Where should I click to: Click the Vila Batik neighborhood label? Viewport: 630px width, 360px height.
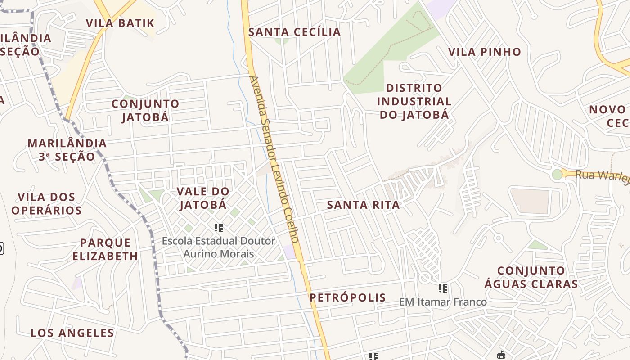pyautogui.click(x=120, y=23)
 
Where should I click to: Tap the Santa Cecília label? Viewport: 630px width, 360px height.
pyautogui.click(x=295, y=32)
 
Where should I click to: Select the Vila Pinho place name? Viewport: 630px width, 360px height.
pyautogui.click(x=485, y=52)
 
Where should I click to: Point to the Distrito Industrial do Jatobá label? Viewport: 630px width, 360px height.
pyautogui.click(x=414, y=101)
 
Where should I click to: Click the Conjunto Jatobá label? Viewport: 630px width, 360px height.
pyautogui.click(x=145, y=110)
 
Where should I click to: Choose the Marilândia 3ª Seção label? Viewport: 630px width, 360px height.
pyautogui.click(x=67, y=150)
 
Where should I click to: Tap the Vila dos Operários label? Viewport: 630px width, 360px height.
pyautogui.click(x=47, y=204)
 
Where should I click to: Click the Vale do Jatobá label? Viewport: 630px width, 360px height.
pyautogui.click(x=203, y=198)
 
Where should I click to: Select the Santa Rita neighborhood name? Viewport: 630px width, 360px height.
pyautogui.click(x=363, y=205)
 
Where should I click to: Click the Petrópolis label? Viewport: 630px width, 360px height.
pyautogui.click(x=347, y=297)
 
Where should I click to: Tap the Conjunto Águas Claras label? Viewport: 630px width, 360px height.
pyautogui.click(x=531, y=277)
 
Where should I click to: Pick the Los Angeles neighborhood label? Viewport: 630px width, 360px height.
pyautogui.click(x=72, y=333)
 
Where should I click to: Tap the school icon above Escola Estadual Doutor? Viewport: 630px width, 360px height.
pyautogui.click(x=219, y=228)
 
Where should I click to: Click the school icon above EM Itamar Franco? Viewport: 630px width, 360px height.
pyautogui.click(x=443, y=288)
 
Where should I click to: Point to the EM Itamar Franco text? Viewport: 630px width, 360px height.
pyautogui.click(x=443, y=302)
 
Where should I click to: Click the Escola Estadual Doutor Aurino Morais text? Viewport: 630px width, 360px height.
pyautogui.click(x=219, y=247)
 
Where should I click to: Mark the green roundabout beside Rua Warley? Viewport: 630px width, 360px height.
pyautogui.click(x=557, y=174)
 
